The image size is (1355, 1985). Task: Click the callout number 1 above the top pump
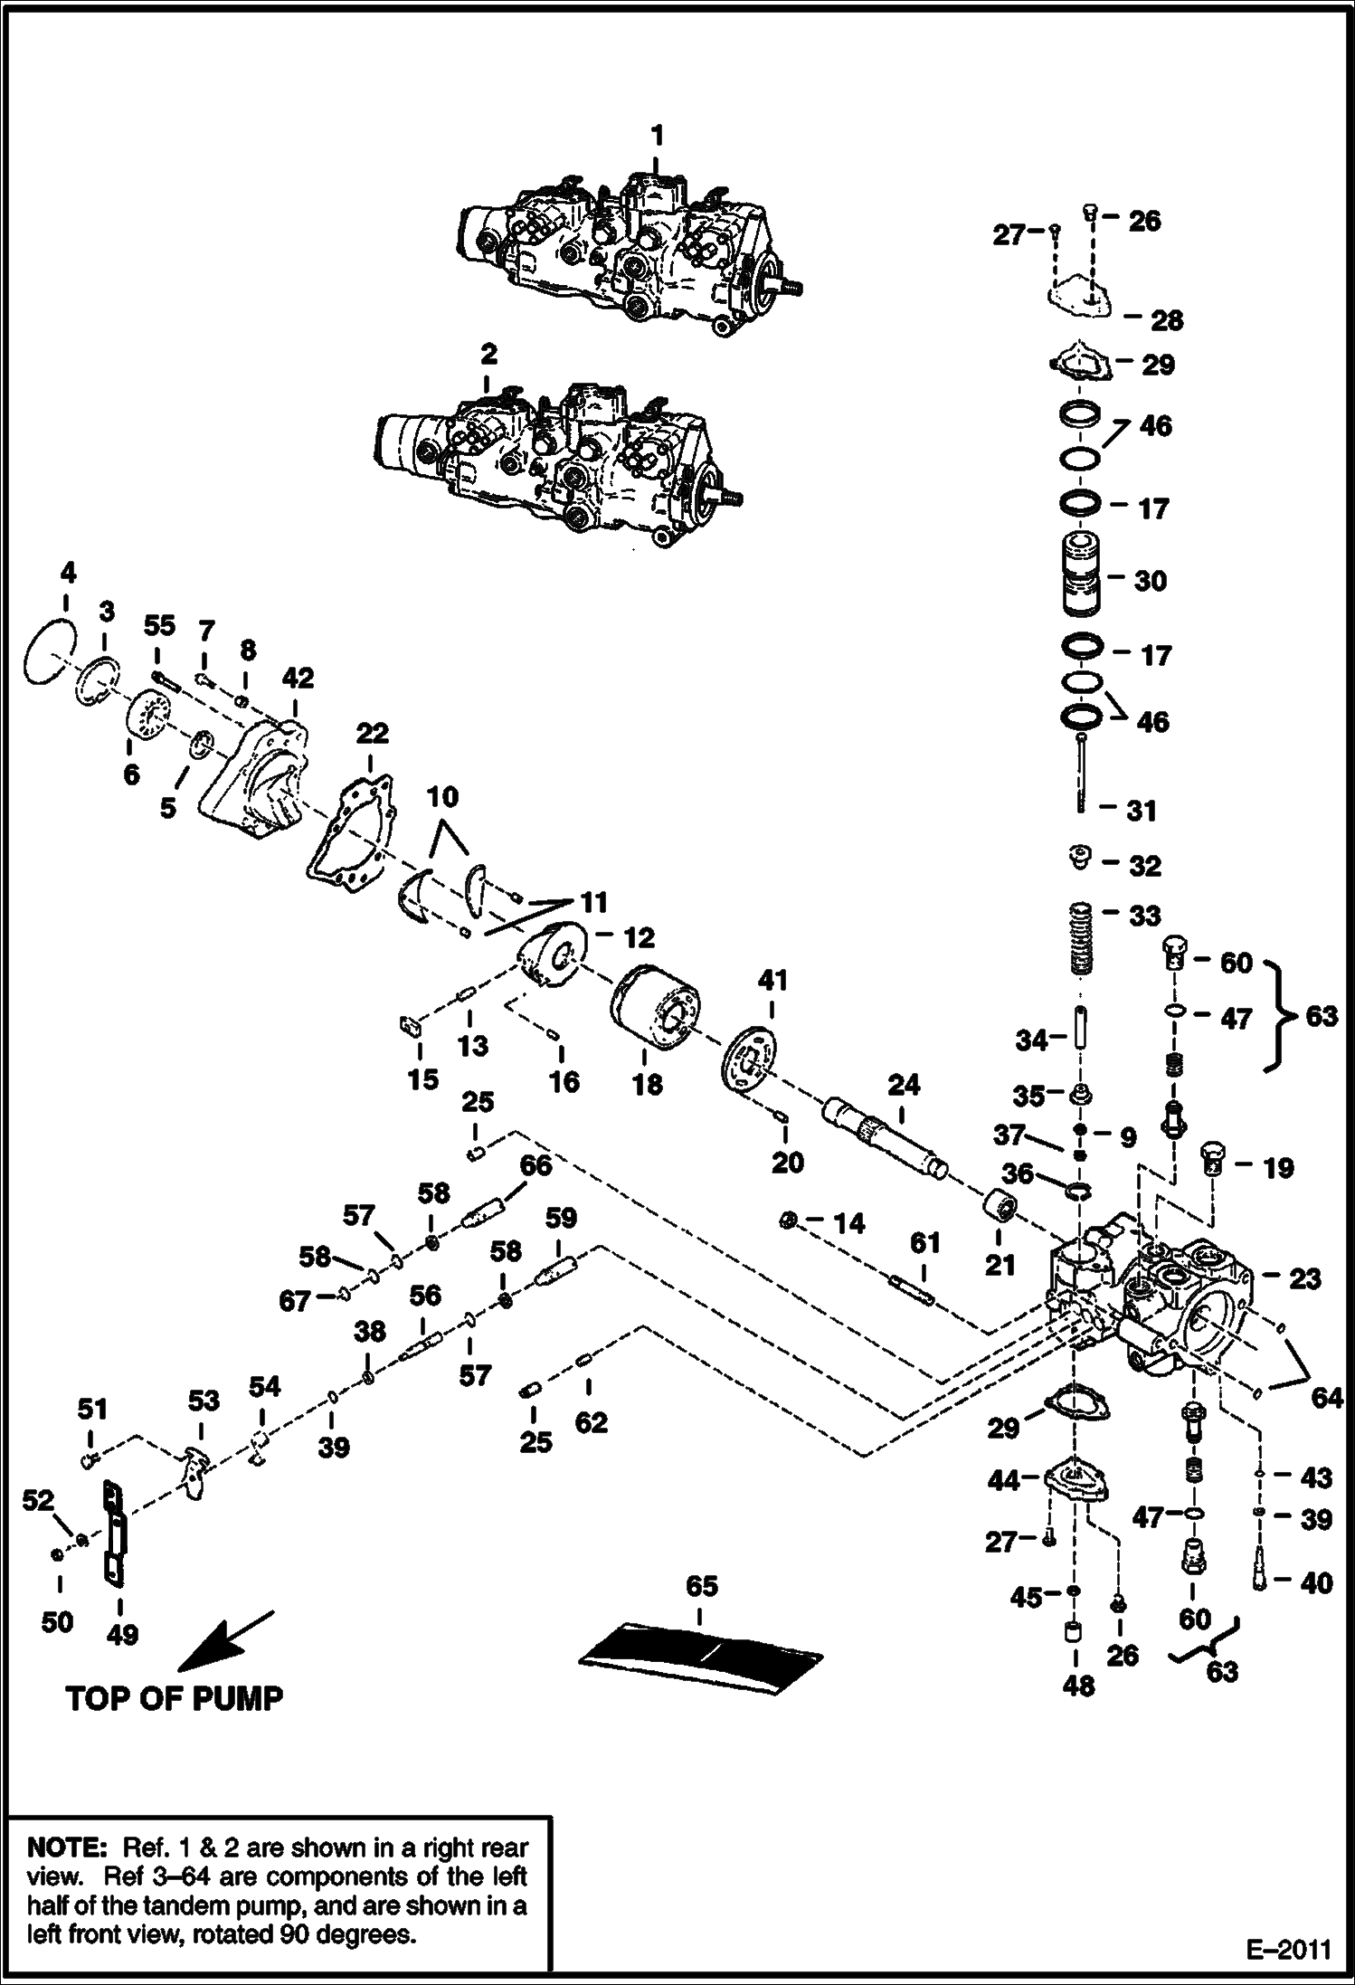(658, 136)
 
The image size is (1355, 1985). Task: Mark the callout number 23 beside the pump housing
(1304, 1278)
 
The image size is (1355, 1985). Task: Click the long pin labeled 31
(1082, 774)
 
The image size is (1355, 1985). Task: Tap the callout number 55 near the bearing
(159, 625)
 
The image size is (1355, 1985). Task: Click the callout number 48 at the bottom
(1078, 1685)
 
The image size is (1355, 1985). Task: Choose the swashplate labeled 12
(551, 956)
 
